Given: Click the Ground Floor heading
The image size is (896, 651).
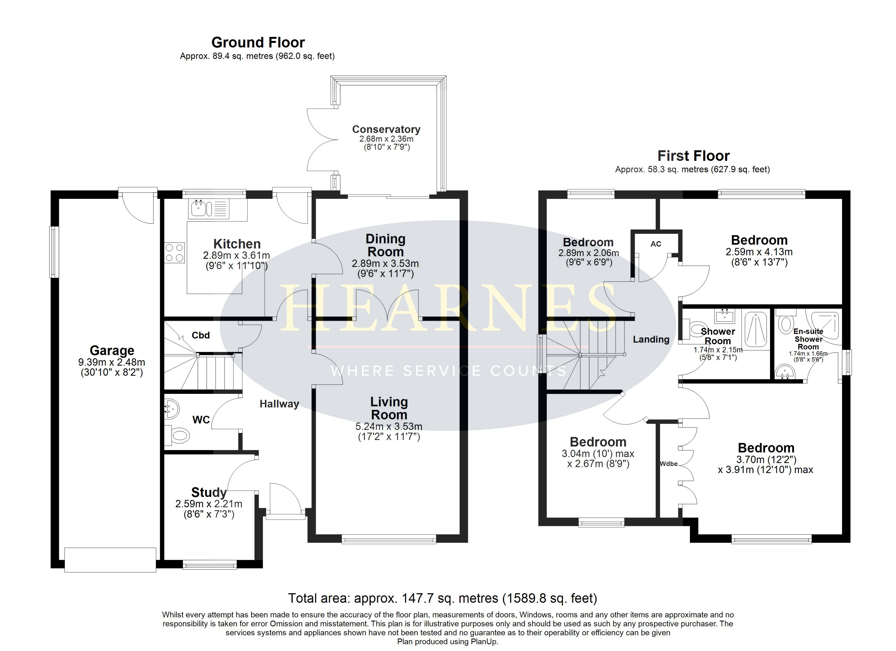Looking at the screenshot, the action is (x=258, y=42).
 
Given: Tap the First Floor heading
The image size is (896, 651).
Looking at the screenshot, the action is (x=693, y=156).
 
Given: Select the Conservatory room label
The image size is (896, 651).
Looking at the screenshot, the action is (x=386, y=129).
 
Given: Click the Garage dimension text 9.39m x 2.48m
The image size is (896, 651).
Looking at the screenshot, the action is (x=112, y=362).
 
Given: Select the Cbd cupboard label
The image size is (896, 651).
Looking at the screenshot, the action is (x=200, y=336).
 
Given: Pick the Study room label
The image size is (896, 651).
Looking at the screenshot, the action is (x=209, y=492).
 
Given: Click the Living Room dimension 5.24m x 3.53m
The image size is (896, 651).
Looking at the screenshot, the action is (x=389, y=427).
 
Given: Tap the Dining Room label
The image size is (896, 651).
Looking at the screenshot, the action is (x=386, y=245).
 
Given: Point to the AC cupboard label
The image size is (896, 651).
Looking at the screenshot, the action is (x=656, y=244).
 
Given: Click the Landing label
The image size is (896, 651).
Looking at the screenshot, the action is (x=651, y=340).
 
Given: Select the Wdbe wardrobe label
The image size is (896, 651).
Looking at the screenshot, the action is (x=669, y=464).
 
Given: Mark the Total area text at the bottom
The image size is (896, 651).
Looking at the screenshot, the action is (x=443, y=598).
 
